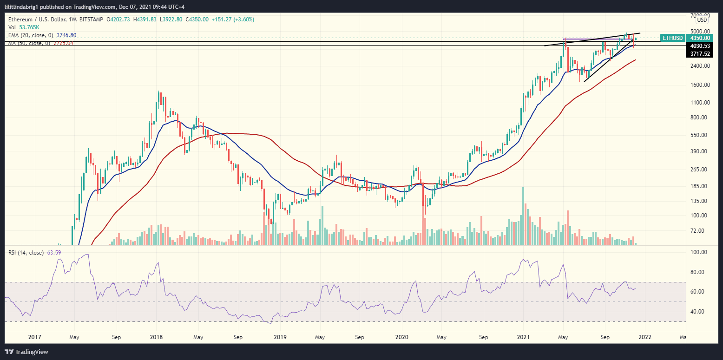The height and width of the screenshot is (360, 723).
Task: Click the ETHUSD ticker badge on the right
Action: [672, 38]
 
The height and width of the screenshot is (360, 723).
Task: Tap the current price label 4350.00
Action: [700, 38]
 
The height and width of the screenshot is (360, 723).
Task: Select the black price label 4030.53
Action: [700, 46]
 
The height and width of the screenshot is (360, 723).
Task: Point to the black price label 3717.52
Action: [700, 54]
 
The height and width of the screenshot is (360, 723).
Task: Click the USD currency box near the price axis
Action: [701, 20]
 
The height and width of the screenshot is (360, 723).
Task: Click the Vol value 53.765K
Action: [29, 27]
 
